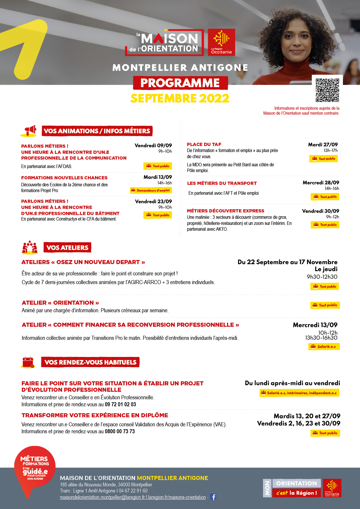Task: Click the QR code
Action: pos(327,90)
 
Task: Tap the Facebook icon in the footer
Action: pos(213,497)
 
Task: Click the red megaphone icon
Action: pos(29,131)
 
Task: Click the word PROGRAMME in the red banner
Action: pos(180,83)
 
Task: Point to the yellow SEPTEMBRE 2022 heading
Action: pos(180,98)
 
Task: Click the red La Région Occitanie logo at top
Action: pos(222,42)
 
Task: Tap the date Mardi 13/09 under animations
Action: pos(158,177)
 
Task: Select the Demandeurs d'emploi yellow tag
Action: pos(151,190)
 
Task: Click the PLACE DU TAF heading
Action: pos(204,144)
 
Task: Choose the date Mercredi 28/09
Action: pos(321,183)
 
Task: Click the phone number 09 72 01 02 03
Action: pos(120,405)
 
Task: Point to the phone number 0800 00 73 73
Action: pos(120,432)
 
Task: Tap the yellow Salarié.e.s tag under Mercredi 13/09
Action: pos(324,346)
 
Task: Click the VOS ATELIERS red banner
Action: pos(67,248)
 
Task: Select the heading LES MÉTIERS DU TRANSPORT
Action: pos(222,183)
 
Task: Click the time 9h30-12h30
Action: pos(322,277)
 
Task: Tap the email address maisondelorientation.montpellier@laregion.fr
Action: pos(102,497)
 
